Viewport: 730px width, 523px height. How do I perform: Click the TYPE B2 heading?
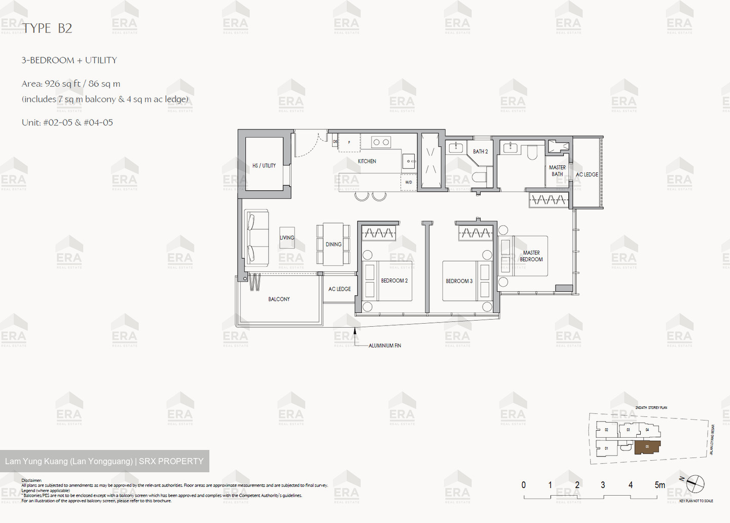[47, 28]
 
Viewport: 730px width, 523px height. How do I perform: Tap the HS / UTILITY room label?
[264, 165]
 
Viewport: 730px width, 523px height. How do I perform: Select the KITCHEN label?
[367, 161]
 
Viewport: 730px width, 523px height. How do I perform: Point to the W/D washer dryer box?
[409, 182]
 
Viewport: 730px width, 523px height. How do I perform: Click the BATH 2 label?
[480, 151]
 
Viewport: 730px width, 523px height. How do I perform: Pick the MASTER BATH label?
[557, 170]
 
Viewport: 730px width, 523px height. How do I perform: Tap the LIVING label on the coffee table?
[287, 237]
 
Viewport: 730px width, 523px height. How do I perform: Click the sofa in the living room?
[257, 237]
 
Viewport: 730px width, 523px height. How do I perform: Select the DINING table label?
[334, 245]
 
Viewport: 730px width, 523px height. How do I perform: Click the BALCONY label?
[279, 299]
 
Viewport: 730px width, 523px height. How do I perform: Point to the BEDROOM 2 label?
[394, 281]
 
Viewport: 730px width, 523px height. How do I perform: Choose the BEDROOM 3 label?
[459, 281]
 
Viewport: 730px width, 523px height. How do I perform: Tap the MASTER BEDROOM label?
[531, 256]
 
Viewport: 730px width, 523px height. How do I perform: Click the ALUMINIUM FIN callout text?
[385, 345]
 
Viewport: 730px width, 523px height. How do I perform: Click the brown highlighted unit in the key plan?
[647, 447]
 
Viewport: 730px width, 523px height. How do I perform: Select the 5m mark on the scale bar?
[660, 485]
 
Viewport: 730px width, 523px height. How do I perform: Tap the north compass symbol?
[695, 483]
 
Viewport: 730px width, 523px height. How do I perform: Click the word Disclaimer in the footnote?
[31, 480]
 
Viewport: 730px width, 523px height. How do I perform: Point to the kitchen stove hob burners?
[381, 143]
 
